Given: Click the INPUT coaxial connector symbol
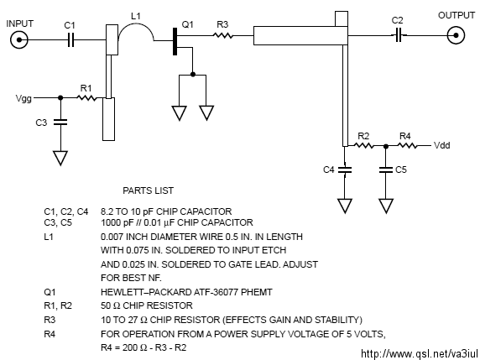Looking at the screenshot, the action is (19, 39).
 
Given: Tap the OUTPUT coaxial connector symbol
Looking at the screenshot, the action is (456, 35).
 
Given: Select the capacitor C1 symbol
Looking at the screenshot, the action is (70, 39).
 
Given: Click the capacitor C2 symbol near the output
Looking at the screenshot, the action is (399, 35).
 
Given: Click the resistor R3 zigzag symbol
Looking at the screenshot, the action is (223, 35).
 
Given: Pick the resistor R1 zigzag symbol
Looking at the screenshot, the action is (86, 98).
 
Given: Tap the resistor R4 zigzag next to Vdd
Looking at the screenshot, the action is (407, 146).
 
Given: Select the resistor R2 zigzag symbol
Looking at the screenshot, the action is (363, 145).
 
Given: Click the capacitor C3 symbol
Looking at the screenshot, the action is (60, 123).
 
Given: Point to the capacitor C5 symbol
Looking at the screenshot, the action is (386, 170).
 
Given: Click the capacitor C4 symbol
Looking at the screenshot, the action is (345, 170).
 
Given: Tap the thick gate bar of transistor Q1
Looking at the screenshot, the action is (175, 42).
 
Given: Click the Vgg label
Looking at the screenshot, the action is (23, 98).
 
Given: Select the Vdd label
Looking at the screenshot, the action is (442, 145).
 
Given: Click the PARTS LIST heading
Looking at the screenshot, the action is (149, 190).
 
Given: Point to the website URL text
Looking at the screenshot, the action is (420, 354).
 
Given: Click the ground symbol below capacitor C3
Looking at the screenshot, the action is (60, 158).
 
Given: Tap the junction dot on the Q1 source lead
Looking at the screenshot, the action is (192, 74).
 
